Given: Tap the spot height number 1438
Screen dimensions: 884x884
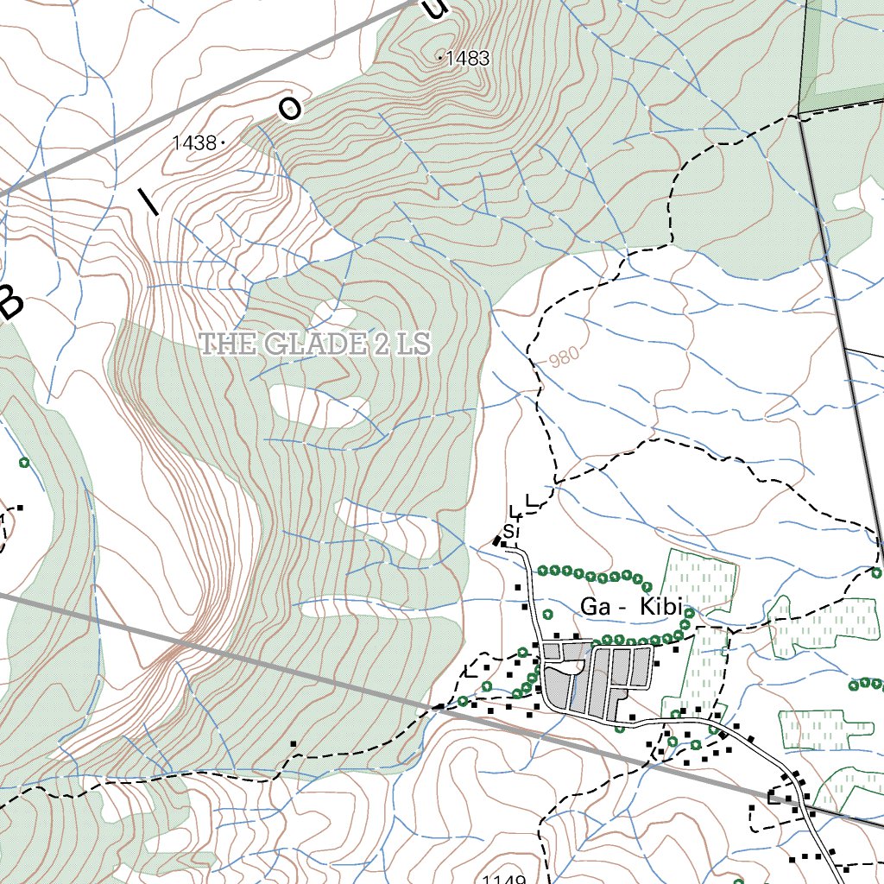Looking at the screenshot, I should [193, 143].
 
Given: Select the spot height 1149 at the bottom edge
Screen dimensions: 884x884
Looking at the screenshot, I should [504, 879].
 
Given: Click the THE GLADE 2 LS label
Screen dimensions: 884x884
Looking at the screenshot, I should [315, 344].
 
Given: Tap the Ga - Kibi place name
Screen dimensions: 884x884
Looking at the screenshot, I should [632, 607].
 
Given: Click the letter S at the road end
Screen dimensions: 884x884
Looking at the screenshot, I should [509, 530].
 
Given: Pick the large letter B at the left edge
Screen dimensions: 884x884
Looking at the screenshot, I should [12, 302].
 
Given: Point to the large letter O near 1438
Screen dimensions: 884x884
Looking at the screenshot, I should [291, 109].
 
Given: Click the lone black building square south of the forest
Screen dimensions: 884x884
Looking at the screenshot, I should [294, 743].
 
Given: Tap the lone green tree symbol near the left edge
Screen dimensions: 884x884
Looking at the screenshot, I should [24, 463].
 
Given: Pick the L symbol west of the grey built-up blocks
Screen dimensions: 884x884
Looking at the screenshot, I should [470, 671].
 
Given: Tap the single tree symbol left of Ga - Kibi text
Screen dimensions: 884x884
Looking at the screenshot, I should [546, 616].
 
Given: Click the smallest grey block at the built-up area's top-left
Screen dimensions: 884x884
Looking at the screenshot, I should [551, 650].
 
